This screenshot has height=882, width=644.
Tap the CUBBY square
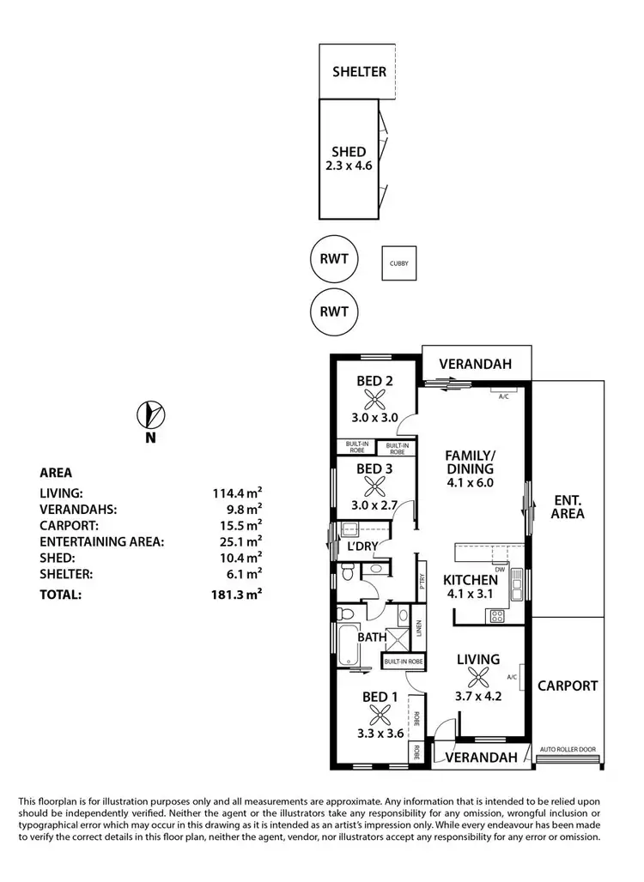(x=398, y=263)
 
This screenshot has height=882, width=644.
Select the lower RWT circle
(x=334, y=311)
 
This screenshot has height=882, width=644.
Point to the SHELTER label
(x=359, y=72)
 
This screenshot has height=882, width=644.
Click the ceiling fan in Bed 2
(x=374, y=398)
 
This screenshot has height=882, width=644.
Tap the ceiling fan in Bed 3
(x=374, y=486)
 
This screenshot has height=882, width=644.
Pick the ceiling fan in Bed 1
(x=376, y=715)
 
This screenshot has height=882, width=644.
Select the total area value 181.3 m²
(x=237, y=594)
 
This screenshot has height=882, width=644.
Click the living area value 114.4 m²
(x=237, y=493)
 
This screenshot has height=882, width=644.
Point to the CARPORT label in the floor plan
(x=568, y=686)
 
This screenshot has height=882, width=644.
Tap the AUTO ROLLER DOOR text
(x=568, y=750)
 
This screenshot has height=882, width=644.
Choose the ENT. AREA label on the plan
(x=568, y=507)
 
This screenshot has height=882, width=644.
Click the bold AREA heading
(x=56, y=472)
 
